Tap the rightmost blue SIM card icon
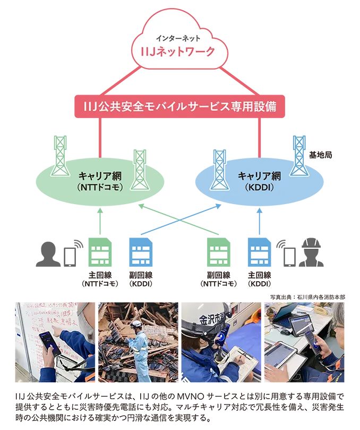[x=259, y=256]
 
